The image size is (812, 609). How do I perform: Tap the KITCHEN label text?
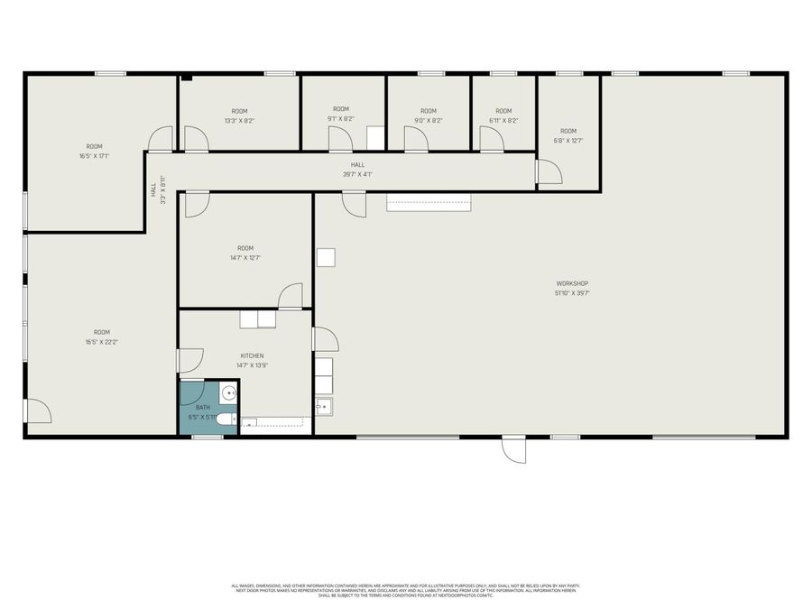tap(252, 355)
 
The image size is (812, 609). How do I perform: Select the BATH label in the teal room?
tap(203, 408)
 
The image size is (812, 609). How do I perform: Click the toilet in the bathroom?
tap(226, 420)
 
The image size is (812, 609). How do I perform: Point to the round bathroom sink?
tap(228, 392)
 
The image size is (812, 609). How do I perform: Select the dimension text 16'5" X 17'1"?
tap(94, 156)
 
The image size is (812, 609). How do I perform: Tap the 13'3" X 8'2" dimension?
tap(239, 120)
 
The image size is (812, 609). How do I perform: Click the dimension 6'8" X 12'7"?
tap(567, 140)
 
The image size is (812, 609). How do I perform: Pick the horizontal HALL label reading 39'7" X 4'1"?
tap(358, 174)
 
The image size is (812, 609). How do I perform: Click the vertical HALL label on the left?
tap(154, 191)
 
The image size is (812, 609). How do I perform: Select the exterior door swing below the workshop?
tap(513, 450)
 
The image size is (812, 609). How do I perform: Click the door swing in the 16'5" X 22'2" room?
tap(38, 411)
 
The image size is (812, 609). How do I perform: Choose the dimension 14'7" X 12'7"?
tap(245, 258)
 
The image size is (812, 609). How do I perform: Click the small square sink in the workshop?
tap(323, 407)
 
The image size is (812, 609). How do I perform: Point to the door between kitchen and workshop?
tap(325, 339)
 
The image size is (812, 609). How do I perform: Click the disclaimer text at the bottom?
tap(405, 590)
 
